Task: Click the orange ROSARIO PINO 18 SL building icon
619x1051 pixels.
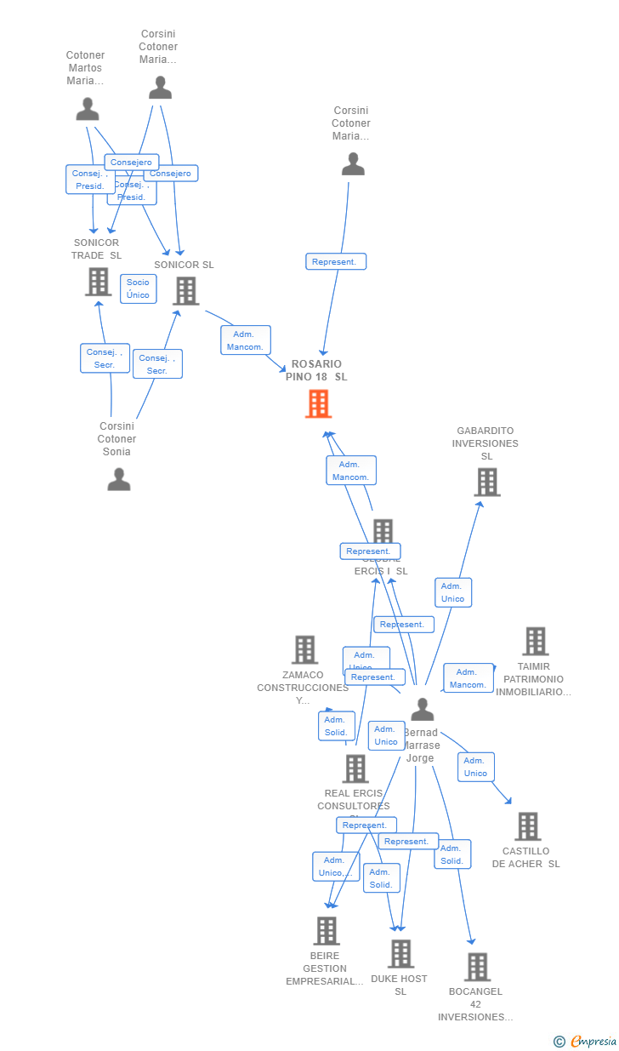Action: click(x=318, y=403)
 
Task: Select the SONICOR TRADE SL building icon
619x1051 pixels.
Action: click(x=99, y=282)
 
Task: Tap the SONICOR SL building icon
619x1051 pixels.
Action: click(x=185, y=291)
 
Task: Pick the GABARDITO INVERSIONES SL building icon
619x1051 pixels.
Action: click(x=486, y=483)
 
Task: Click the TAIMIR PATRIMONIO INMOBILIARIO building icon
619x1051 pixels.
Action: click(x=535, y=642)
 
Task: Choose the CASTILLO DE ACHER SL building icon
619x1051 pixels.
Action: click(x=527, y=826)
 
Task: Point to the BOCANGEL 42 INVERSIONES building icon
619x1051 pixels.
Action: click(x=477, y=967)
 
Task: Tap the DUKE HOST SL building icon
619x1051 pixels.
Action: click(x=400, y=954)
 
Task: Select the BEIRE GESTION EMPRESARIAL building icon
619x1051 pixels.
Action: click(x=327, y=931)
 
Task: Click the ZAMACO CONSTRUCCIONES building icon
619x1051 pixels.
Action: click(x=304, y=650)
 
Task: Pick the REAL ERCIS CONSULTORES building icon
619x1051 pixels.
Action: click(x=355, y=768)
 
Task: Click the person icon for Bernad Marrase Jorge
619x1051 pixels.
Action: click(x=422, y=709)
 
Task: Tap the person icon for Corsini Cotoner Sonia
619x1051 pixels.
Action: click(x=119, y=480)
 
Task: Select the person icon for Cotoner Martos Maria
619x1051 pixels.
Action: click(x=88, y=109)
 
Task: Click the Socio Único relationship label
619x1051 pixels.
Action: click(x=138, y=288)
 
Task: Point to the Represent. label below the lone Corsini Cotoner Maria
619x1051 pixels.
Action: click(x=336, y=262)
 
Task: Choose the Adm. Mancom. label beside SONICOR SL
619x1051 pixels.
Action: click(x=246, y=340)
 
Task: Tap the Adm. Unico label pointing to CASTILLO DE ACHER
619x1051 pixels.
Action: click(x=475, y=767)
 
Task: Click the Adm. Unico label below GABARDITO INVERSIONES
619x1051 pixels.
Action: click(x=453, y=592)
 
